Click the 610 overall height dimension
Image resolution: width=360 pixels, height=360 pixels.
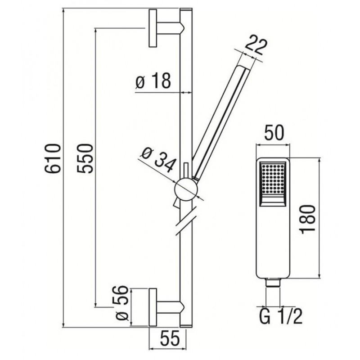[x=53, y=158]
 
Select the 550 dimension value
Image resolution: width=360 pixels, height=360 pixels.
[x=85, y=158]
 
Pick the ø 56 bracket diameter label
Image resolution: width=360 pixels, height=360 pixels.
[x=121, y=303]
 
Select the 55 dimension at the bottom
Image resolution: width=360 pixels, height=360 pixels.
[x=170, y=339]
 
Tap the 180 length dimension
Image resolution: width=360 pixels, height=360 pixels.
[x=308, y=220]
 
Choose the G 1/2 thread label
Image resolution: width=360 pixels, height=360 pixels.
[x=281, y=317]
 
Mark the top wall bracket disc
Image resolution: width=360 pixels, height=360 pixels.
[x=153, y=28]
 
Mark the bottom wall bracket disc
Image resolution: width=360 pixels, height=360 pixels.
[x=153, y=307]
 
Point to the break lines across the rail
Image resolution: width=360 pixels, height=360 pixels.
[x=185, y=220]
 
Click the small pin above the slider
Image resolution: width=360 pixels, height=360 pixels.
[x=186, y=171]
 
